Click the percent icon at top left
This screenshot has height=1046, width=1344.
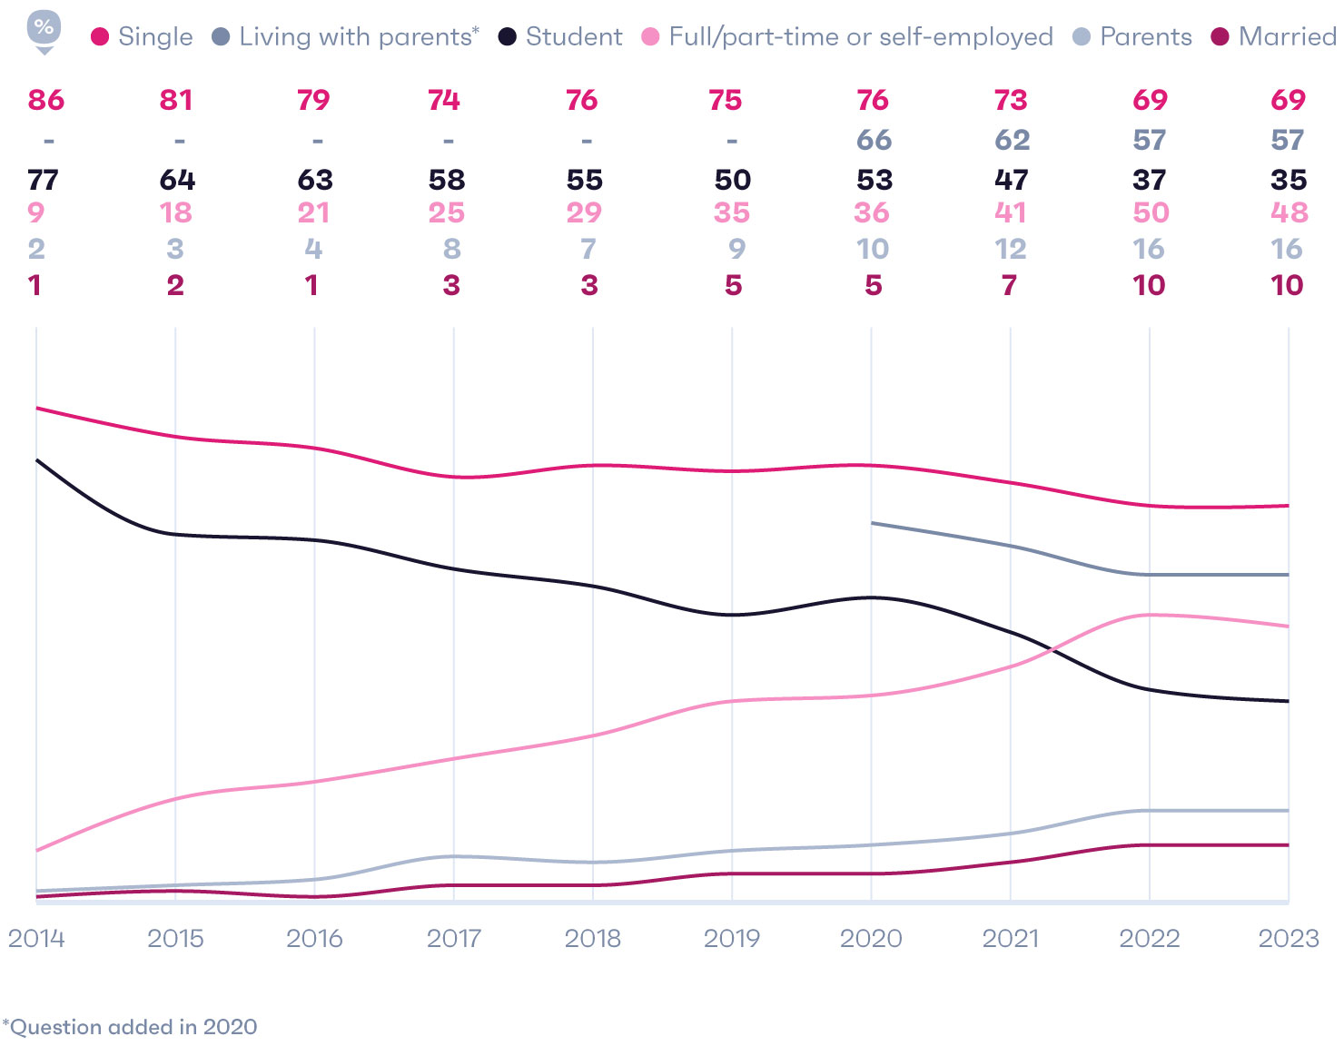pyautogui.click(x=44, y=29)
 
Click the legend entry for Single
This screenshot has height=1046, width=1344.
pyautogui.click(x=143, y=37)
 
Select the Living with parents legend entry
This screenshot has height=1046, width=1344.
pyautogui.click(x=345, y=37)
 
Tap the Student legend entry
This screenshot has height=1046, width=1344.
pyautogui.click(x=561, y=37)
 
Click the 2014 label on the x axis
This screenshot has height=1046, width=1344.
pyautogui.click(x=36, y=938)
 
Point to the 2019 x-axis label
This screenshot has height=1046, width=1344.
pyautogui.click(x=732, y=938)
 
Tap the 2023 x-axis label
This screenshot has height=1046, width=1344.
pyautogui.click(x=1288, y=938)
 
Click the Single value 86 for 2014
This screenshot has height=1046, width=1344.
pyautogui.click(x=46, y=100)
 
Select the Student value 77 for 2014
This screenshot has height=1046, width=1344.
pyautogui.click(x=44, y=180)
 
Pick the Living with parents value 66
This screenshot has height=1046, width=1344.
pyautogui.click(x=874, y=140)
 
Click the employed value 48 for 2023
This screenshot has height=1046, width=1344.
pyautogui.click(x=1289, y=212)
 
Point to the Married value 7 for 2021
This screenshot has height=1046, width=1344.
pyautogui.click(x=1009, y=285)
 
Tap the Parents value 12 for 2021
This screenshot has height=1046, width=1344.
pyautogui.click(x=1011, y=249)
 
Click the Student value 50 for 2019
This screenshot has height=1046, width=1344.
pyautogui.click(x=732, y=180)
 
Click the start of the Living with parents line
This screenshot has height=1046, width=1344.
pyautogui.click(x=873, y=523)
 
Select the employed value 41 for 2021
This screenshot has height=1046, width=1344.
pyautogui.click(x=1011, y=212)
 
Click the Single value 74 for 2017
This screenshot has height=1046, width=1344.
pyautogui.click(x=444, y=100)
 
